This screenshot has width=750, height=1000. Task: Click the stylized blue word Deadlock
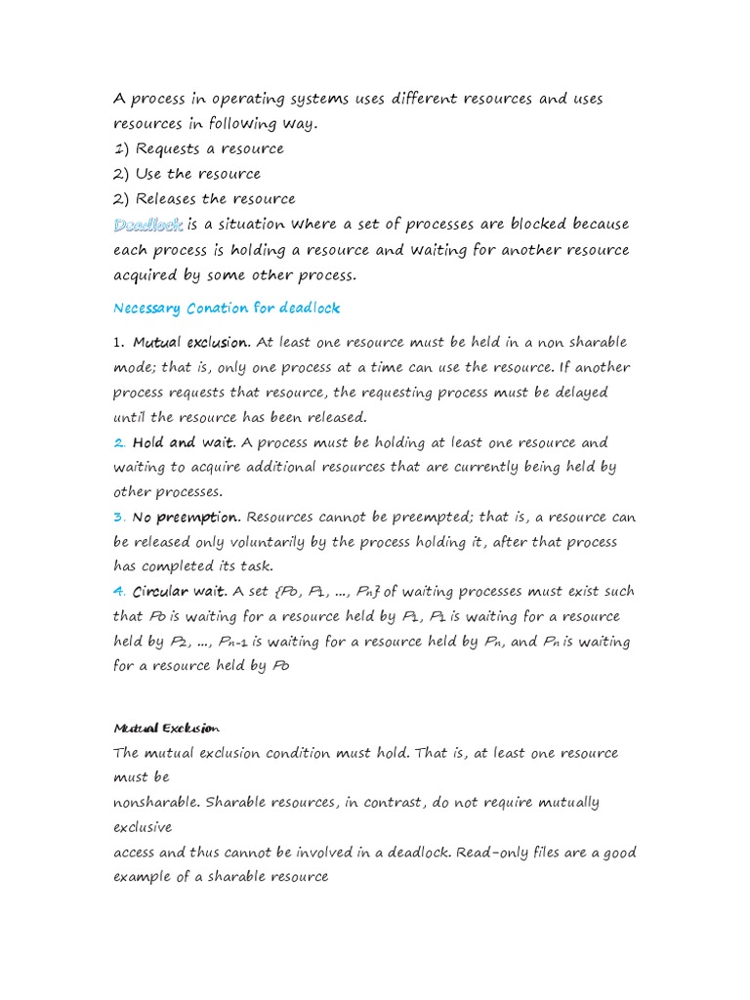147,225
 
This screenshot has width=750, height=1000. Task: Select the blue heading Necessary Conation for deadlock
227,308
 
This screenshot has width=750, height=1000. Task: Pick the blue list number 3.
119,517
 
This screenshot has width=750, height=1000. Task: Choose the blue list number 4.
119,591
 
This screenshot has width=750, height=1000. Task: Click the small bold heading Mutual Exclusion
167,729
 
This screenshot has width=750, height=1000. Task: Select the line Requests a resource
209,148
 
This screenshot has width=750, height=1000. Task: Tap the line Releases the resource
215,199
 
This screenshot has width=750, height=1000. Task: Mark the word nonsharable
156,803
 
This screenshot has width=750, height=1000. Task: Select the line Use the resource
198,174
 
